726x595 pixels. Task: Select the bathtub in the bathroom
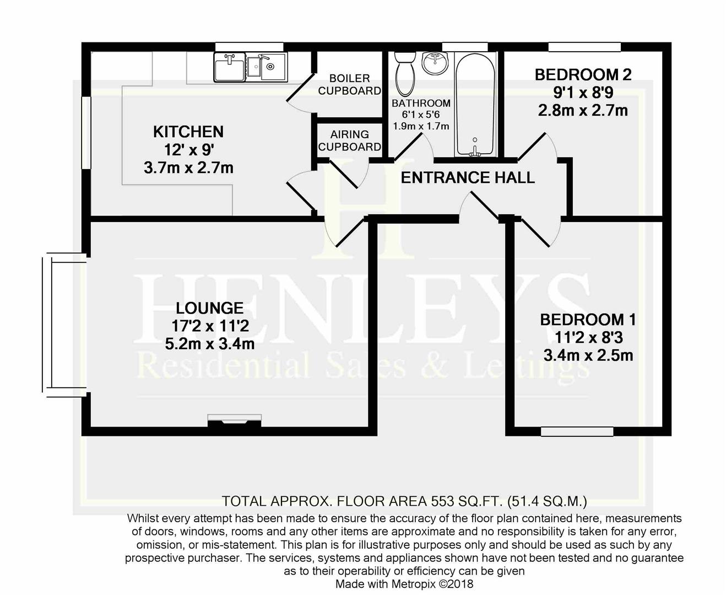475,105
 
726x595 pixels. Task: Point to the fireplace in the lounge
235,420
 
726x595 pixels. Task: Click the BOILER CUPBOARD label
349,84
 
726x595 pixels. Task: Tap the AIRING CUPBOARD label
349,140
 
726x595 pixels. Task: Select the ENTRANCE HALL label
468,177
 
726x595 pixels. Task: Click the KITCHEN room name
188,132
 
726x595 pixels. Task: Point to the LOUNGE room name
209,308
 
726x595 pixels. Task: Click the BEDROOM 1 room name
588,320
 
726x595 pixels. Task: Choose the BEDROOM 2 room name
583,74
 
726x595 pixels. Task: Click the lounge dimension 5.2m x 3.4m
210,344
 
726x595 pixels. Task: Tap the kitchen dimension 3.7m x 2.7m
188,167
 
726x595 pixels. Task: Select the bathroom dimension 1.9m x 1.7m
421,126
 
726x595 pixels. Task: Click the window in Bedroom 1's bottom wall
577,431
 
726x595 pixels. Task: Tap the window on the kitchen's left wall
86,133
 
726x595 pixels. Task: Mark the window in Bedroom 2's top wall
584,47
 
